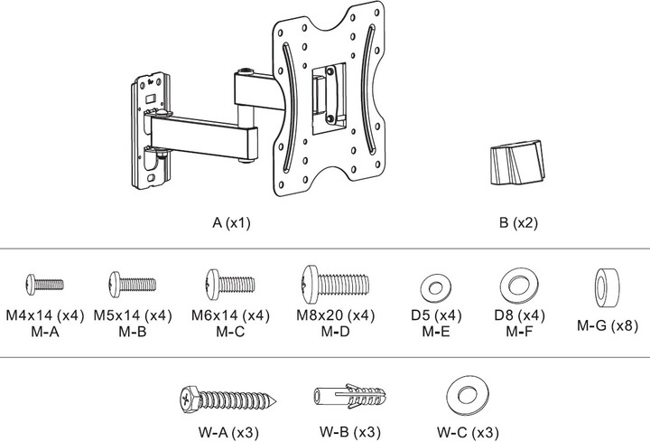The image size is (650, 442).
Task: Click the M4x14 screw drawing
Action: (x=43, y=284)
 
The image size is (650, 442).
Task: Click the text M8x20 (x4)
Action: (x=334, y=315)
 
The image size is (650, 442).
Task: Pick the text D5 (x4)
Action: (x=432, y=315)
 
